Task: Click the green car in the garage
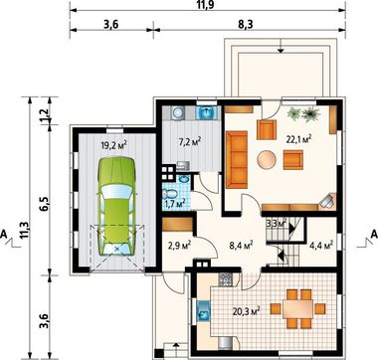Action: (x=116, y=206)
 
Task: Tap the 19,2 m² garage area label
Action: (x=114, y=145)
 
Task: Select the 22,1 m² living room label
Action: (x=299, y=139)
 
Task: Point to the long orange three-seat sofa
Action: (x=237, y=159)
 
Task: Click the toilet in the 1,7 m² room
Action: (x=170, y=194)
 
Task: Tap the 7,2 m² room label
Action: (x=190, y=142)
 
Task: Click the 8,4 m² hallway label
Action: (x=241, y=246)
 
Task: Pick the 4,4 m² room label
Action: (x=321, y=246)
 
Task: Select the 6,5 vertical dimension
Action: (x=45, y=203)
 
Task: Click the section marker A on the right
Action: (x=374, y=234)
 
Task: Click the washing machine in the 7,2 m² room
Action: (x=178, y=113)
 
